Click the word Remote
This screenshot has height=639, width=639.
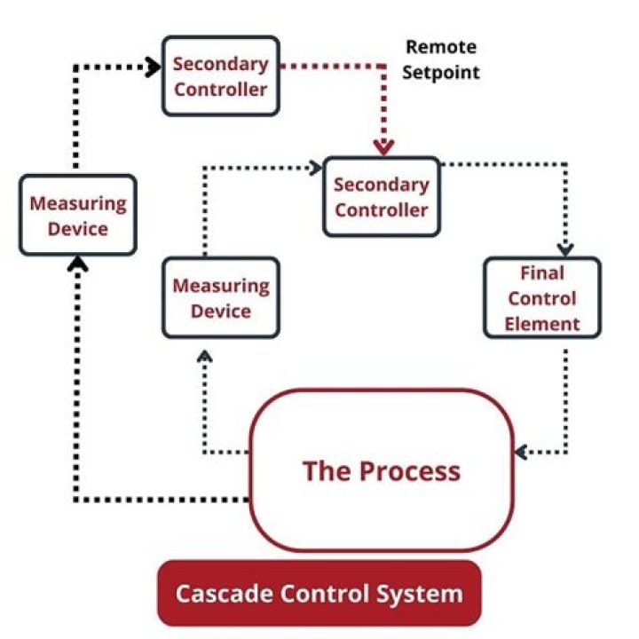coord(441,47)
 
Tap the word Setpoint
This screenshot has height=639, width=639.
coord(441,73)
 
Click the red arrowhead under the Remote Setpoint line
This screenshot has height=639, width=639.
coord(384,147)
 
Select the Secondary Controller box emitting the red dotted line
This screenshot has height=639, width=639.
coord(221,76)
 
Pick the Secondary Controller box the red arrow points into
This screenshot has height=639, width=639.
coord(382,197)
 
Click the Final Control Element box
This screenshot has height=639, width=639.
coord(542,298)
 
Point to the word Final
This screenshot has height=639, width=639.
coord(542,273)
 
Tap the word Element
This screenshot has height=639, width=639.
coord(542,325)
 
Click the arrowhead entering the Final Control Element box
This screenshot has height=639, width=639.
coord(565,249)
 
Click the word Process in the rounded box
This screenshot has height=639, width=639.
coord(410,471)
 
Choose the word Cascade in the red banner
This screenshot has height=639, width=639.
coord(224,594)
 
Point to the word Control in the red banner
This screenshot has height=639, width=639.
coord(324,594)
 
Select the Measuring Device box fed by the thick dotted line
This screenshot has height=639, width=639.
coord(78,215)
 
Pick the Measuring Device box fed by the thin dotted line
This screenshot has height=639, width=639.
coord(221,298)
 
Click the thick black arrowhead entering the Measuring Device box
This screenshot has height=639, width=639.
coord(77,264)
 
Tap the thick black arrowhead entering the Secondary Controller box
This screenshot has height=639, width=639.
coord(154,67)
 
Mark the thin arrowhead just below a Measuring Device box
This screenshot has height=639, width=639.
coord(205,357)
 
